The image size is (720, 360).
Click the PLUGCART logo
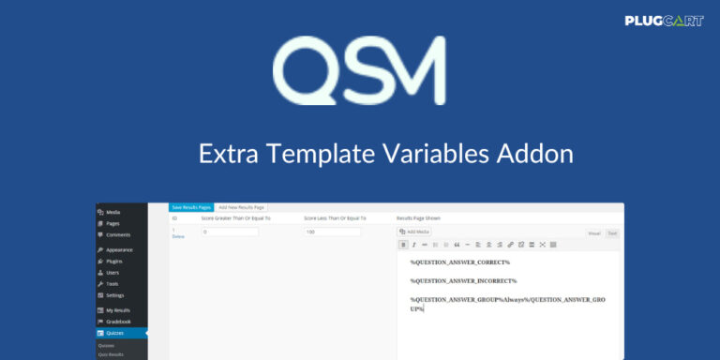pos(664,20)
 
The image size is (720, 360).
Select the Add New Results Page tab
pos(241,206)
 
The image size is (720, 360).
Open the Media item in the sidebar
pos(112,213)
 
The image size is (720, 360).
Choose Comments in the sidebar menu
pos(117,234)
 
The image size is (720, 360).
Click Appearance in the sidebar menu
pos(119,250)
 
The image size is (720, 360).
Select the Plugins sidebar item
pos(114,262)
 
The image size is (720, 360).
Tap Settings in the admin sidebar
pos(114,295)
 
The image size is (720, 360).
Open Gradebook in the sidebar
pos(118,322)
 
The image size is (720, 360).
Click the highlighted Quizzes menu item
pos(118,333)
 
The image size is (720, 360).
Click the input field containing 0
pos(230,232)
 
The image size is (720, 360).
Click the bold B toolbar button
pos(403,245)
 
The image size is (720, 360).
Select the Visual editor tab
pos(594,232)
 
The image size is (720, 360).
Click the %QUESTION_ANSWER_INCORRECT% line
pos(463,280)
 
